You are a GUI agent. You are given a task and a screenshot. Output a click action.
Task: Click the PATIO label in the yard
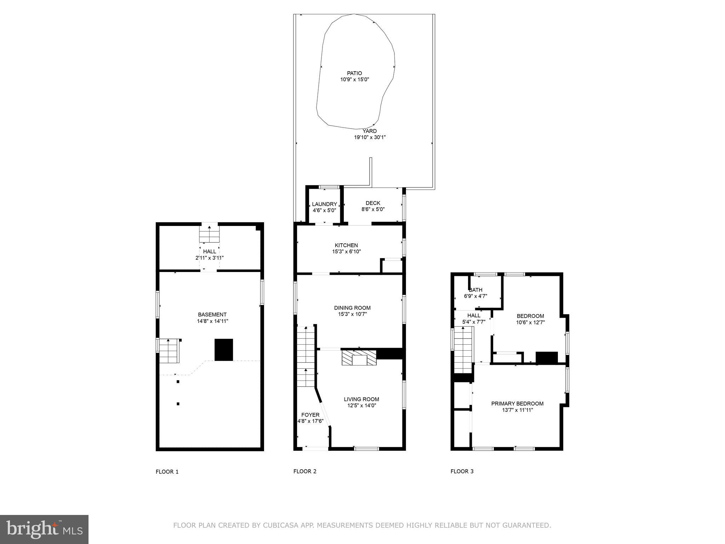pos(354,73)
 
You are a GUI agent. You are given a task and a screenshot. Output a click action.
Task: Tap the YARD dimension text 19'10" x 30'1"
pos(370,137)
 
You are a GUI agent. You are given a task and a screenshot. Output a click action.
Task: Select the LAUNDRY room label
pos(324,204)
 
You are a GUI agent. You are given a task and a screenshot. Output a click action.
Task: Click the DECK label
pos(373,203)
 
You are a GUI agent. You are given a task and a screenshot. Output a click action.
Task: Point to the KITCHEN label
pos(346,245)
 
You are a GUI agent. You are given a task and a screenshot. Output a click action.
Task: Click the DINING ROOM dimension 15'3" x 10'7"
pos(352,314)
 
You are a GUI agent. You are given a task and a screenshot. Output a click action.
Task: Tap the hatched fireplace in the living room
pos(359,358)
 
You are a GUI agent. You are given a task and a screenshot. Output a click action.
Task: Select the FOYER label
pos(310,415)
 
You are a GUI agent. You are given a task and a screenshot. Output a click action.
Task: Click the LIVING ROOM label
pos(361,399)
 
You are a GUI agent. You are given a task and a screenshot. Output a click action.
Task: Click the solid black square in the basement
pos(224,350)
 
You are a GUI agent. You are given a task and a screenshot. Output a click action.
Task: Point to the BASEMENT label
pos(212,314)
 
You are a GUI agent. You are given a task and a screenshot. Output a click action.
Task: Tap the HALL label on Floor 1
pos(210,251)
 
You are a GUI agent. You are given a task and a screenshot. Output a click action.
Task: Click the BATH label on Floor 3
pos(475,290)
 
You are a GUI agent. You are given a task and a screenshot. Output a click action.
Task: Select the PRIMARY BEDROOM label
pos(517,403)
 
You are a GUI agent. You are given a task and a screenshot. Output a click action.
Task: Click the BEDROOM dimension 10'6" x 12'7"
pos(530,323)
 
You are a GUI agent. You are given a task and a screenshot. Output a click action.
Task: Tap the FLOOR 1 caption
pos(167,472)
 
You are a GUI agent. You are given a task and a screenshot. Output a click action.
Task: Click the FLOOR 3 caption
pos(462,471)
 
